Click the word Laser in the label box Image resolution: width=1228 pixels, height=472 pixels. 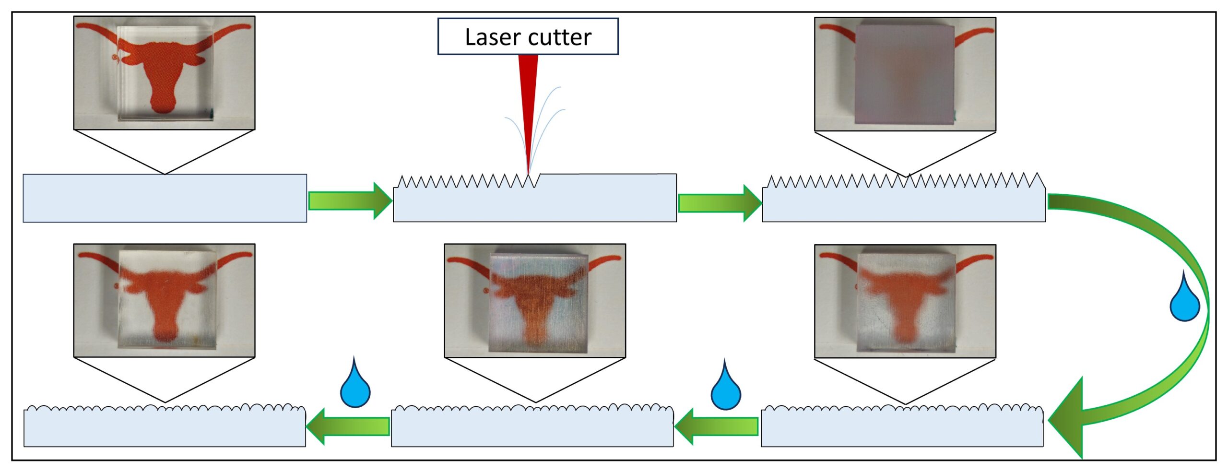coord(492,37)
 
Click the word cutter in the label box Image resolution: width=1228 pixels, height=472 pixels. coord(561,37)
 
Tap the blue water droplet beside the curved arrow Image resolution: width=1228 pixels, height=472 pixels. coord(1184,300)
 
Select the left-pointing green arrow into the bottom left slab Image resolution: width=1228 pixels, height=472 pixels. coord(348,426)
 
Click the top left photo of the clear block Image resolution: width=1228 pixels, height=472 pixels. coord(164,73)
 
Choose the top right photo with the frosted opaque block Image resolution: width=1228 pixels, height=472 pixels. coord(905,74)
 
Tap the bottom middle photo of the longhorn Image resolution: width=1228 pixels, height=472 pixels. coord(535,301)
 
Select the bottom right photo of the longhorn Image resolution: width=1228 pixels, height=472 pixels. coord(905,301)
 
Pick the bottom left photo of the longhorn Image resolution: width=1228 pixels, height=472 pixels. coord(164,301)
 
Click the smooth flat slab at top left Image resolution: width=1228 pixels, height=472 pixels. coord(165,198)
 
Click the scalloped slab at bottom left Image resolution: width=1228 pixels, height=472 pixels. coord(165,428)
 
